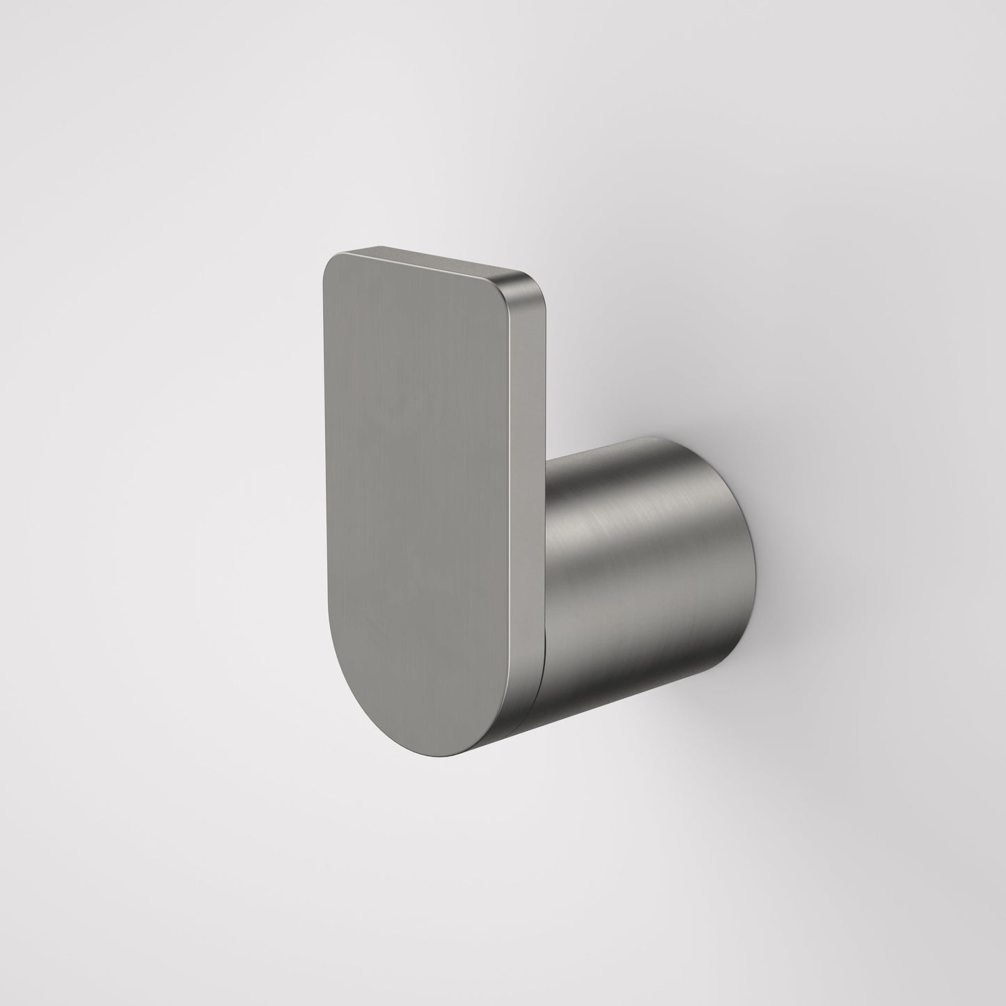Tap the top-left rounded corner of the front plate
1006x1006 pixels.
click(333, 262)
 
